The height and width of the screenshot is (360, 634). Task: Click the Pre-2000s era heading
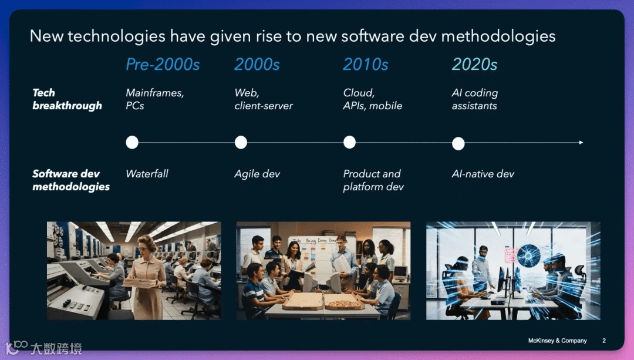pos(163,65)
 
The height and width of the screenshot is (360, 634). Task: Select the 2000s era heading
pos(257,65)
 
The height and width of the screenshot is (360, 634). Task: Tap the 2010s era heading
pos(366,65)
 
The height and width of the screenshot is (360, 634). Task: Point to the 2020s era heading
pos(474,65)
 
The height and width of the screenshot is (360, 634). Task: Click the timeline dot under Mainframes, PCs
pos(132,142)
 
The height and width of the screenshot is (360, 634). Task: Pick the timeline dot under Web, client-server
pos(241,142)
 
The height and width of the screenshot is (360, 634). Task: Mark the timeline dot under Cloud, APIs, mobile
pos(349,142)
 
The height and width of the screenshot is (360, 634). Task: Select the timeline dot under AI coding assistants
pos(458,144)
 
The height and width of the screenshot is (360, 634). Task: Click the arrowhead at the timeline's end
pos(581,142)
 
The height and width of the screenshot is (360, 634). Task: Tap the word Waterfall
pos(147,174)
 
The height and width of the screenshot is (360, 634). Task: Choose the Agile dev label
pos(257,174)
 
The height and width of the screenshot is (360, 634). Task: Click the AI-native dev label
pos(483,174)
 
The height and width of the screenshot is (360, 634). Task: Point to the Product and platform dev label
pos(373,180)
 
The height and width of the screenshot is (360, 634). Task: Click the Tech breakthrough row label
pos(67,99)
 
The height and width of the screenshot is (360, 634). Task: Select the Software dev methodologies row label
pos(71,180)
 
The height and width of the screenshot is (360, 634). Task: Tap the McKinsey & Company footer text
pos(557,341)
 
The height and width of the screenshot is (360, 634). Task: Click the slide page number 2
pos(604,341)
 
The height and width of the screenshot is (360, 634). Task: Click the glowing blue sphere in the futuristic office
pos(528,255)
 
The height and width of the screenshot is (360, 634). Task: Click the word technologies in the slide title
pos(116,36)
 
